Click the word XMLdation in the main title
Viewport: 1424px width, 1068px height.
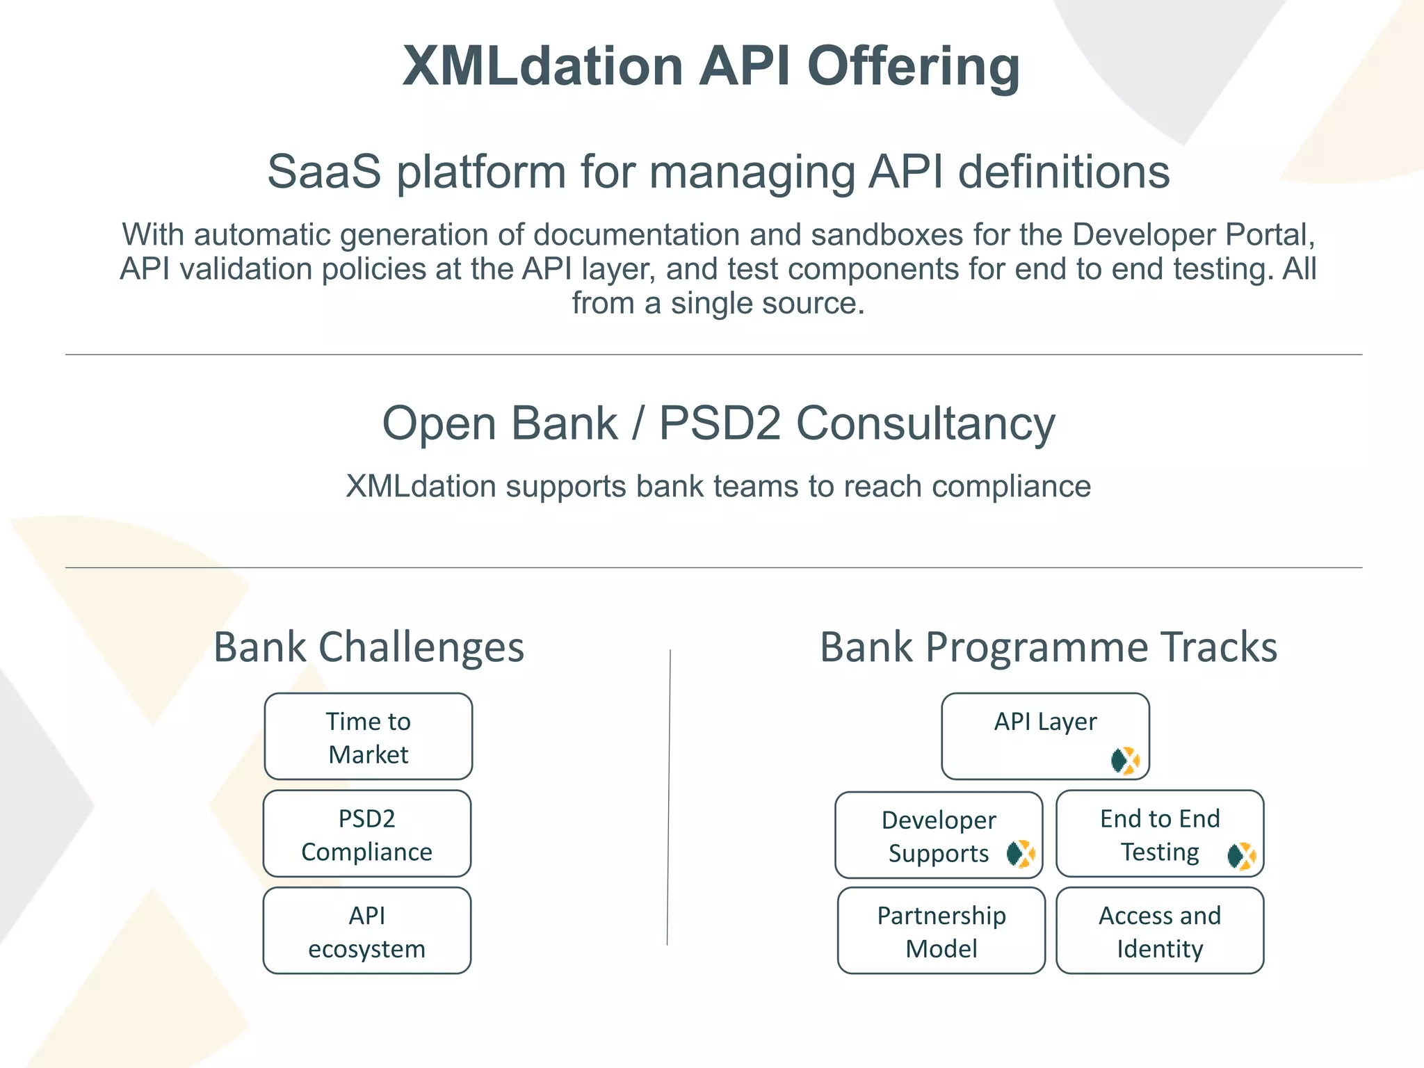click(x=542, y=66)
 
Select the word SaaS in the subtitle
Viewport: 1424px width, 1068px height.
click(x=324, y=171)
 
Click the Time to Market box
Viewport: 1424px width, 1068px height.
click(x=369, y=737)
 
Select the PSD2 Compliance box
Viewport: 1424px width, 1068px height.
click(x=367, y=834)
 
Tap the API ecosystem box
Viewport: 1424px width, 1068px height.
click(x=367, y=932)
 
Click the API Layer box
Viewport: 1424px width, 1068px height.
click(x=1045, y=737)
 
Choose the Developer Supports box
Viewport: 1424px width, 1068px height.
click(x=939, y=836)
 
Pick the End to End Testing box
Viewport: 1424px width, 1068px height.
click(x=1160, y=834)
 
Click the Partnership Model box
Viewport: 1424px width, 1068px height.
click(x=941, y=932)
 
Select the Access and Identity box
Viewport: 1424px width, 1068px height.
click(x=1160, y=932)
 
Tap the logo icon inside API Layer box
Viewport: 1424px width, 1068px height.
click(x=1125, y=761)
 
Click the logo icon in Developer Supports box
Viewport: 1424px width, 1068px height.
click(x=1021, y=853)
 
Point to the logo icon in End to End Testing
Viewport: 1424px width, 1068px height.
click(x=1242, y=856)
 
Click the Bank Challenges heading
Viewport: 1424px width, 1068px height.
click(x=369, y=647)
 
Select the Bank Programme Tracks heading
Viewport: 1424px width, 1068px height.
click(x=1049, y=647)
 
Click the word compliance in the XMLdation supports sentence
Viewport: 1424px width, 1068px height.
click(x=1011, y=486)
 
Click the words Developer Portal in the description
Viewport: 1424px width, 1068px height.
click(x=1193, y=235)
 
